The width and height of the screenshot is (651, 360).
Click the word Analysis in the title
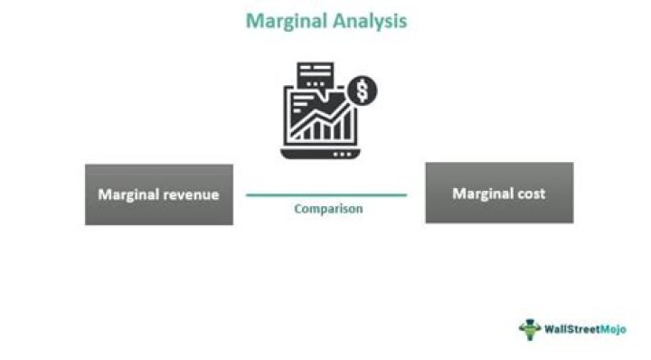tap(368, 20)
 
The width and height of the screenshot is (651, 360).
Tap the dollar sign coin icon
tap(363, 90)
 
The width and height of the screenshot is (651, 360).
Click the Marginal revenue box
tap(158, 194)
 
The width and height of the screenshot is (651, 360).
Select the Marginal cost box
tap(499, 194)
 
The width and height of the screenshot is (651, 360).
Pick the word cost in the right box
tap(531, 194)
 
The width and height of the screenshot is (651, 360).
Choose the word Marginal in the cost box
tap(482, 194)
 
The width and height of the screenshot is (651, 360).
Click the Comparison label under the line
tap(328, 209)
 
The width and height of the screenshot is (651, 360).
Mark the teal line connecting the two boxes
tap(326, 194)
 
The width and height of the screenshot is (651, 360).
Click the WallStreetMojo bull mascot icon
tap(530, 328)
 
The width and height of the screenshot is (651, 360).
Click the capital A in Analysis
tap(335, 20)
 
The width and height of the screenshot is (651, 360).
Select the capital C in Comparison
tap(298, 209)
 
